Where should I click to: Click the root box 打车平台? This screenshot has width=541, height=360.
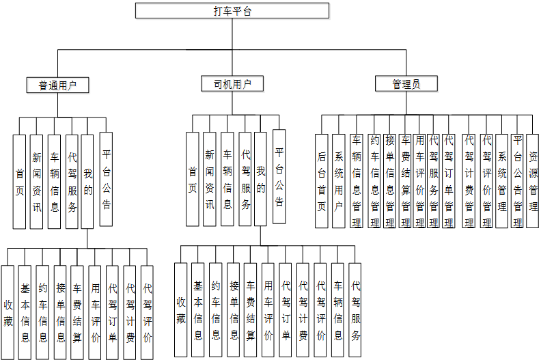[232, 10]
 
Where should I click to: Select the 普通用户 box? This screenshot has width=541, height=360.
[58, 85]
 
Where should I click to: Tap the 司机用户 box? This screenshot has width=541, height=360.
[232, 84]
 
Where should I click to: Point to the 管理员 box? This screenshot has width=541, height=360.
[406, 84]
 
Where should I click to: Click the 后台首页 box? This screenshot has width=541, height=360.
[322, 180]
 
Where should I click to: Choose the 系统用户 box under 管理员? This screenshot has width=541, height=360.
[339, 180]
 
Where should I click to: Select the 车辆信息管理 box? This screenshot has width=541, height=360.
[357, 180]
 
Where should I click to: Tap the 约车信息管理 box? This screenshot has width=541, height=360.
[374, 180]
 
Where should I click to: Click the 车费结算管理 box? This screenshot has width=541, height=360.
[405, 180]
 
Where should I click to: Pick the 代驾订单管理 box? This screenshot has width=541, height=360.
[449, 180]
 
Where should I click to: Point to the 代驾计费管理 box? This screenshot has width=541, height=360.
[469, 180]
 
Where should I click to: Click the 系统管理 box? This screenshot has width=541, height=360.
[502, 180]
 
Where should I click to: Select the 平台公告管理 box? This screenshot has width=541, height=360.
[518, 180]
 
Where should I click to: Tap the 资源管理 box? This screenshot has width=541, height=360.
[533, 180]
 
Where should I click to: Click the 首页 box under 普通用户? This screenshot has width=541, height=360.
[20, 181]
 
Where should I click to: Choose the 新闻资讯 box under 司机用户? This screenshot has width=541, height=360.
[210, 179]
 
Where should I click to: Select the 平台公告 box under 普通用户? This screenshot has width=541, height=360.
[106, 179]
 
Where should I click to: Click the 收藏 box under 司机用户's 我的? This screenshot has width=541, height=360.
[181, 309]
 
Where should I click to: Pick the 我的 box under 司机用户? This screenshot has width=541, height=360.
[260, 179]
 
